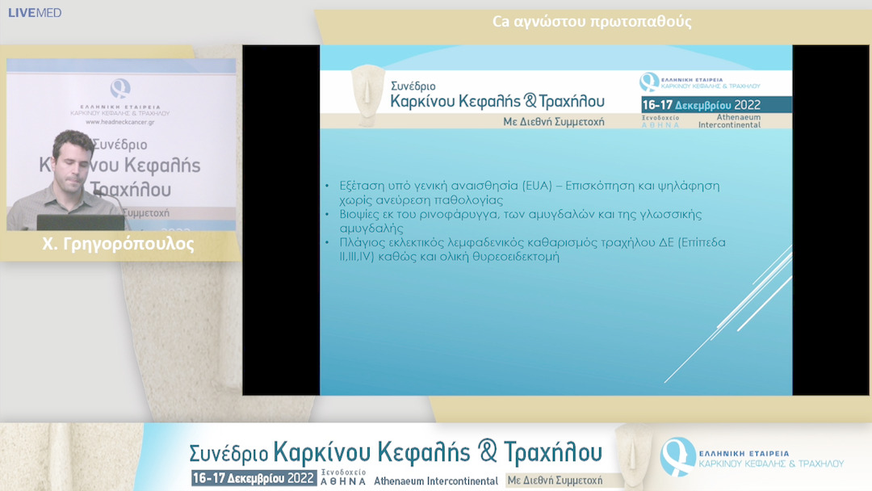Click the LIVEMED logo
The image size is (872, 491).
tap(35, 13)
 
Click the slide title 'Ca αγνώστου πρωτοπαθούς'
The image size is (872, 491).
tap(592, 22)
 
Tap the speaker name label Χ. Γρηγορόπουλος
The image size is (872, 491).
tap(118, 245)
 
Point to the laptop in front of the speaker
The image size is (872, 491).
tap(80, 222)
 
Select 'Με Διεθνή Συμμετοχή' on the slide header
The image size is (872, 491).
tap(553, 123)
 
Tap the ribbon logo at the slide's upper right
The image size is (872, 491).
tap(649, 82)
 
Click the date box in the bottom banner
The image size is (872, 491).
tap(254, 478)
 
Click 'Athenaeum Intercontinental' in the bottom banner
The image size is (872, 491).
tap(436, 481)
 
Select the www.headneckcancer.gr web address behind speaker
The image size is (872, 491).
tap(120, 122)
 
